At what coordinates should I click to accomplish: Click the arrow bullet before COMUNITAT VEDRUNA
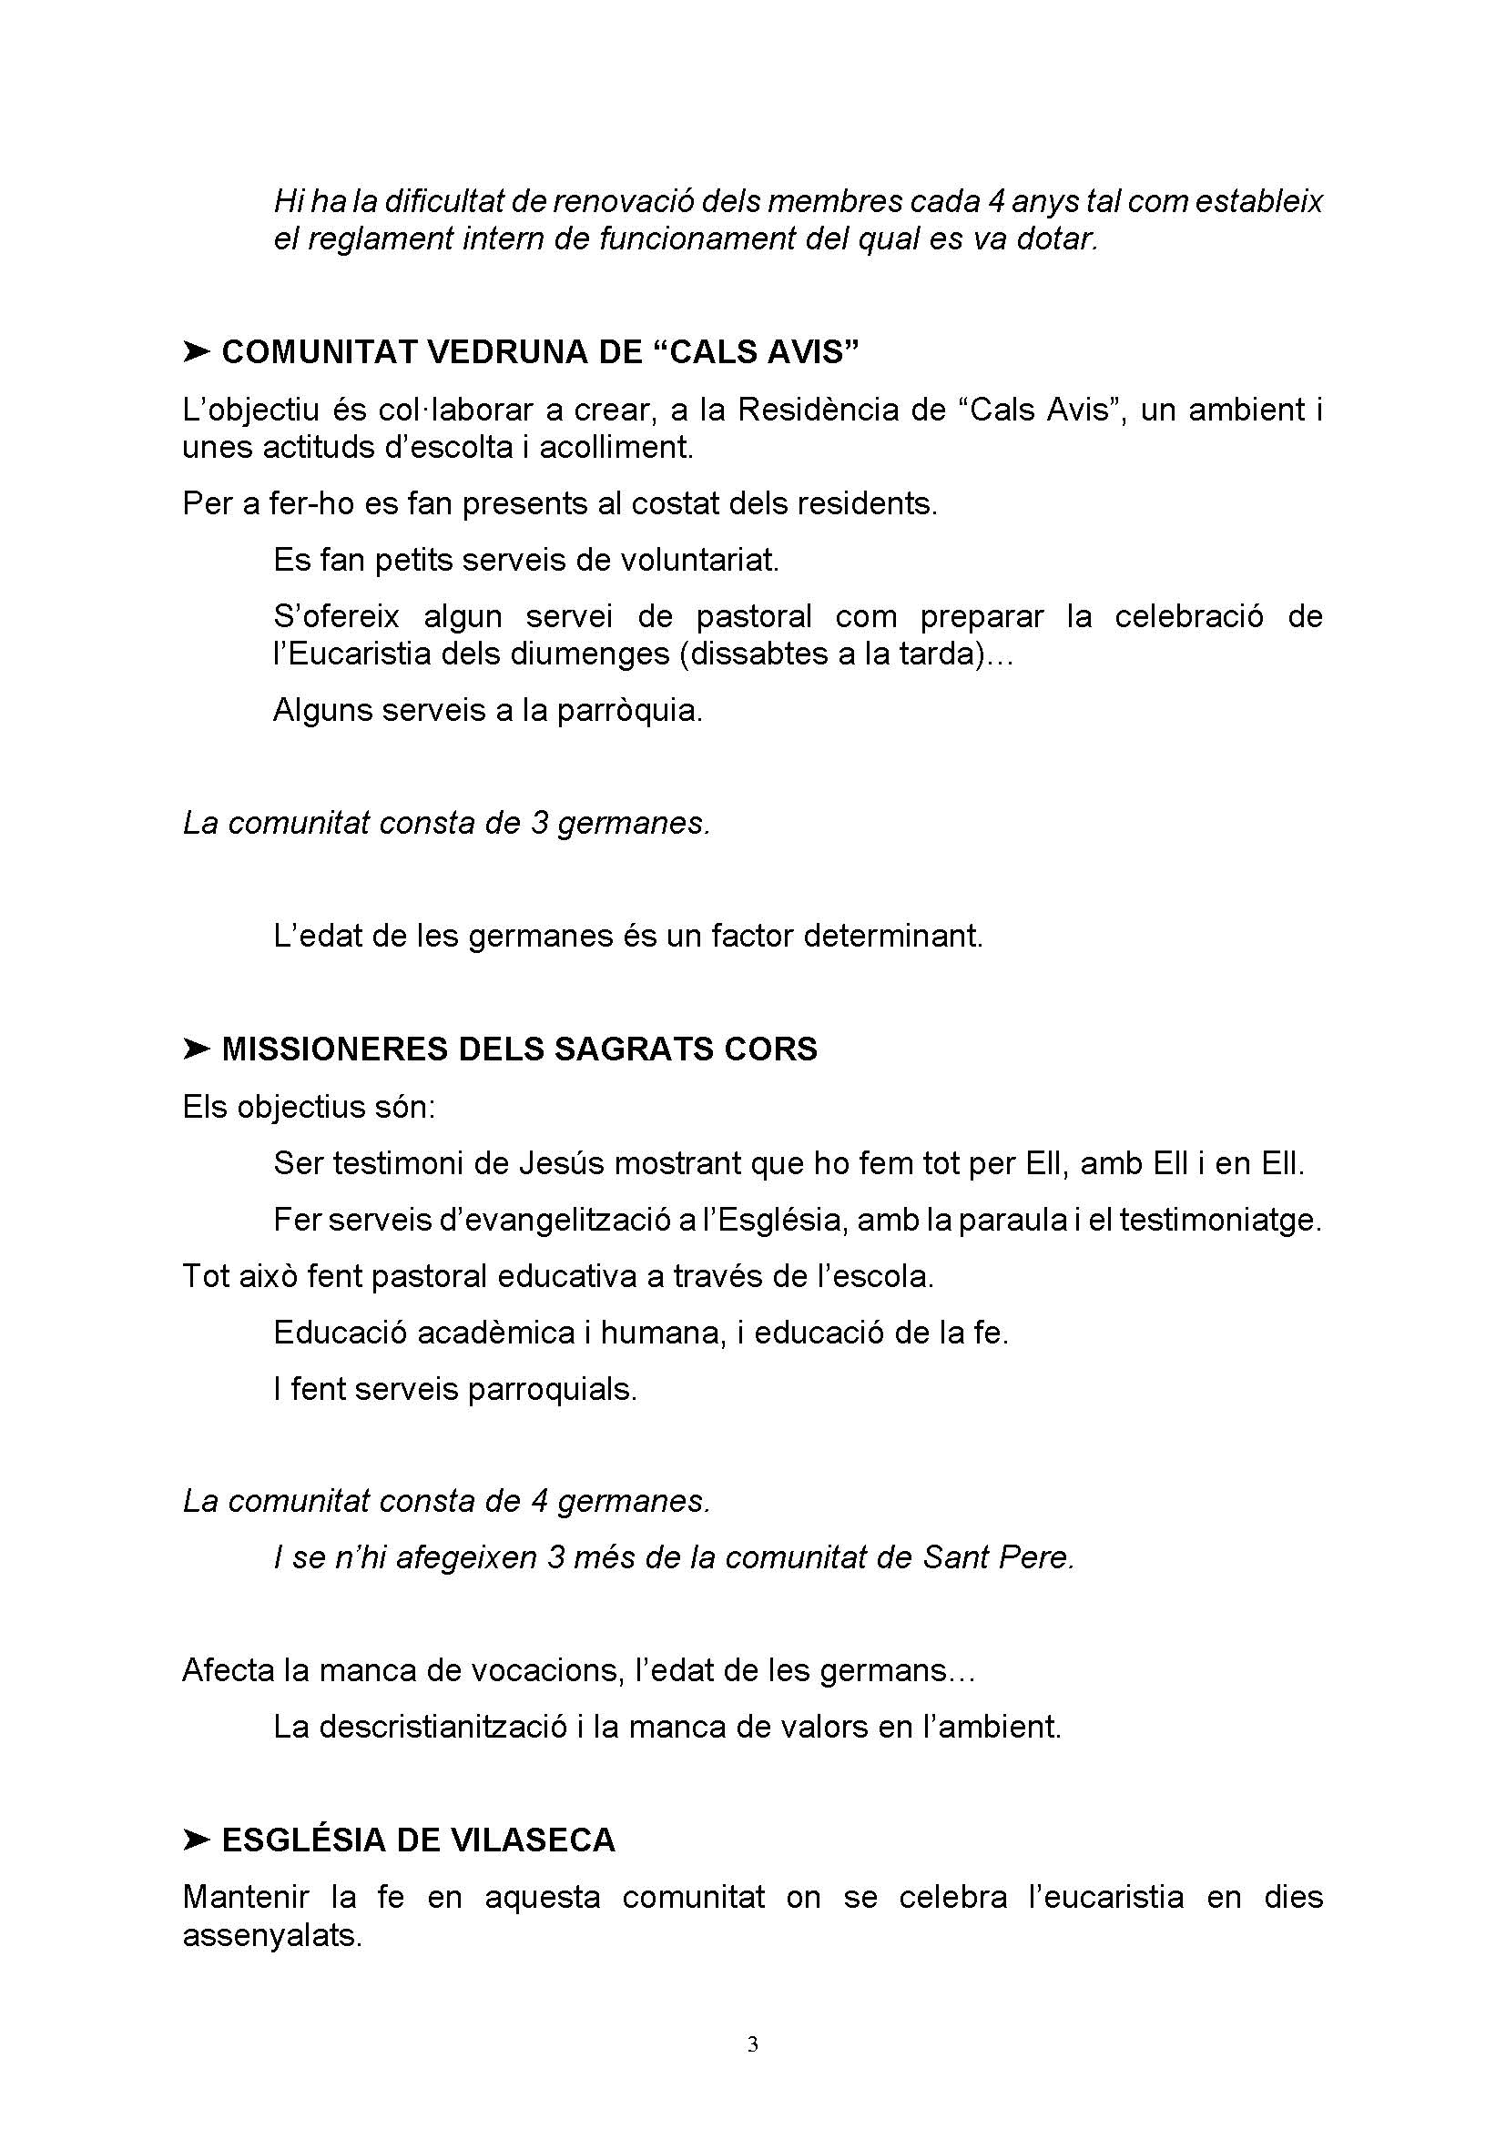point(197,351)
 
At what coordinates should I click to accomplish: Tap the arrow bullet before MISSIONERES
point(197,1049)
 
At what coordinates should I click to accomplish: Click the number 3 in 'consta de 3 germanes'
point(540,823)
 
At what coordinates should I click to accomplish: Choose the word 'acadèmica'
point(495,1333)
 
